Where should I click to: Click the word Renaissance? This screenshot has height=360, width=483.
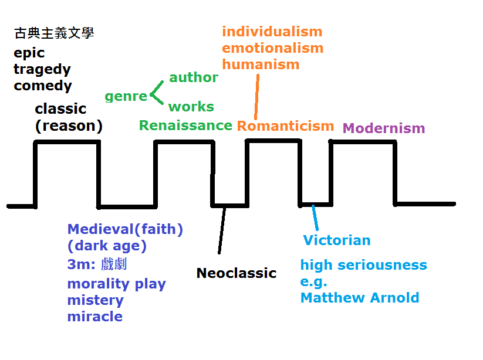(185, 125)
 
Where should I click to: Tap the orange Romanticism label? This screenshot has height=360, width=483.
(285, 126)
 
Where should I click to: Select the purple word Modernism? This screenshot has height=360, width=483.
(383, 128)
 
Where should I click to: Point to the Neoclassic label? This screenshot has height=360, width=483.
(236, 273)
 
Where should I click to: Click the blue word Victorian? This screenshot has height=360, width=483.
(337, 240)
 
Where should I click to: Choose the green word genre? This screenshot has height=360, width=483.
(126, 97)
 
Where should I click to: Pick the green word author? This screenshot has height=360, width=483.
(194, 77)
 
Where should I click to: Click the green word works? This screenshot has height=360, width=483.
(191, 107)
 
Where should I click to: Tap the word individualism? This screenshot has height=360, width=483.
(272, 32)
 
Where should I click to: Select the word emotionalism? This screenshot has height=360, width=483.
(273, 48)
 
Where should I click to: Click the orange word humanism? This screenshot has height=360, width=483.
(261, 64)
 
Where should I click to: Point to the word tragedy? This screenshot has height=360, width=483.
(42, 69)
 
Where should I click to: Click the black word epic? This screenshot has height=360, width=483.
(29, 53)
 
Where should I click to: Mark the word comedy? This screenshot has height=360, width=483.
(43, 86)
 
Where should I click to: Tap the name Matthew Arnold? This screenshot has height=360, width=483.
(360, 298)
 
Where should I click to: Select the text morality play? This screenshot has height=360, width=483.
(116, 284)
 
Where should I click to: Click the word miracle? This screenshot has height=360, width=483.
(95, 317)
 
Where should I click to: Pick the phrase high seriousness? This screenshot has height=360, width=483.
(364, 266)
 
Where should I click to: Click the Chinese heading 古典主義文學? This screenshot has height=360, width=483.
(54, 33)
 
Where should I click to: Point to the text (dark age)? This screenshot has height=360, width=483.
(107, 246)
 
